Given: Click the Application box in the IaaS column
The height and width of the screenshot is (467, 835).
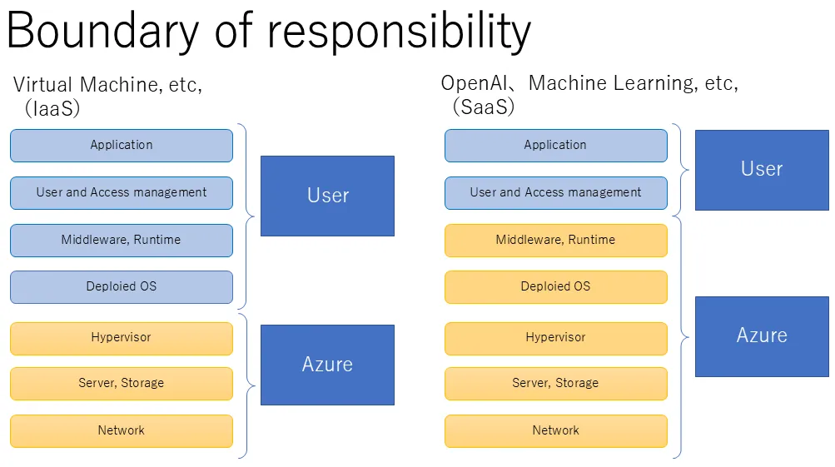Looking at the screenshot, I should pyautogui.click(x=122, y=145).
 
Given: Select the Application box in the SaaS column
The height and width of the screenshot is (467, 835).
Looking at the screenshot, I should pyautogui.click(x=555, y=145).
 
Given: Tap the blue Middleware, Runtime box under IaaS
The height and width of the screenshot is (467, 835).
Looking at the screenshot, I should pyautogui.click(x=122, y=240).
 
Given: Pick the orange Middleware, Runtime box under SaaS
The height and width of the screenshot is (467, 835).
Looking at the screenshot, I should pyautogui.click(x=555, y=240).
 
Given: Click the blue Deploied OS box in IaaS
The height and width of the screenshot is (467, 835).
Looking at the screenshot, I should pyautogui.click(x=122, y=286).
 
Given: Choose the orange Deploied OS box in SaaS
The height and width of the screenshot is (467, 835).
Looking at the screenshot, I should pyautogui.click(x=555, y=286).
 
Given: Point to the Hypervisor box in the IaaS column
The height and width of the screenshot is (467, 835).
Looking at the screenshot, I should pyautogui.click(x=122, y=338).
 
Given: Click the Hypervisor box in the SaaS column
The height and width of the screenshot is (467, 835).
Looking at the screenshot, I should pyautogui.click(x=555, y=338).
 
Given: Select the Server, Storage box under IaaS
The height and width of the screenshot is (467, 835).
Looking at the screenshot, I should pyautogui.click(x=122, y=384).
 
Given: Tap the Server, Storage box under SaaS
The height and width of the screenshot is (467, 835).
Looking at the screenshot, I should pyautogui.click(x=555, y=384).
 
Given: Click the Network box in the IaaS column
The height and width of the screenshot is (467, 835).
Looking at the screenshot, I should pyautogui.click(x=122, y=430).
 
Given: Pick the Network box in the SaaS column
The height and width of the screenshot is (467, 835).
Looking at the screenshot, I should pyautogui.click(x=555, y=430).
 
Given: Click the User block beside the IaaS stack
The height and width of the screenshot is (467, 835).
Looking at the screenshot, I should pyautogui.click(x=327, y=196).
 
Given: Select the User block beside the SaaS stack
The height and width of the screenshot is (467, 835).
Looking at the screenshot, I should pyautogui.click(x=762, y=169).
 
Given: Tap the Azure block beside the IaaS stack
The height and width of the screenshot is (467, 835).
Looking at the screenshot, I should pyautogui.click(x=327, y=365).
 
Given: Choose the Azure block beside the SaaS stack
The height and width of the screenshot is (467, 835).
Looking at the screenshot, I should pyautogui.click(x=762, y=335).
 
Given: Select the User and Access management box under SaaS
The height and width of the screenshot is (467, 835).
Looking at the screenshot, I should pyautogui.click(x=555, y=192).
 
